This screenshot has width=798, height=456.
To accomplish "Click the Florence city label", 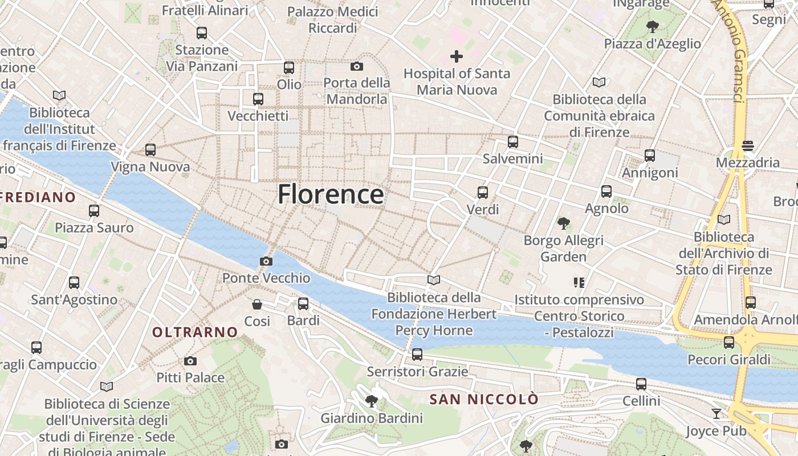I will coord(331,194).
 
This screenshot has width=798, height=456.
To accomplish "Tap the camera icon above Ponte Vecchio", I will coord(266,262).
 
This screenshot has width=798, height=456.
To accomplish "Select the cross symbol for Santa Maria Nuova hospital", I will coord(456,56).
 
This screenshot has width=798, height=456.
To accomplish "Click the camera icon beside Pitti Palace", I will coord(190,361).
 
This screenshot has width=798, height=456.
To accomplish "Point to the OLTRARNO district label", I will coord(195,332).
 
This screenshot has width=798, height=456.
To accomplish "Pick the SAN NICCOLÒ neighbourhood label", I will coord(484,399).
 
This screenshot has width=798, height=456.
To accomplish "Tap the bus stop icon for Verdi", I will coord(483,193).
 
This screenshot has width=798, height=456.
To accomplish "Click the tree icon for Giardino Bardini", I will coord(372,401).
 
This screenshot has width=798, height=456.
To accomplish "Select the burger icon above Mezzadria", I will coord(748,146).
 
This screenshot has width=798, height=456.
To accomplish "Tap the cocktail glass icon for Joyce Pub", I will coord(716,414).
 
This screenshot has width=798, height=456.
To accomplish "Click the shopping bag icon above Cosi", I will coord(257,304).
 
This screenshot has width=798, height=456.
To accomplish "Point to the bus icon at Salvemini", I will coord(513,142).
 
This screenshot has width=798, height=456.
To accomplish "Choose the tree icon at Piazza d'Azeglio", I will coord(653,27).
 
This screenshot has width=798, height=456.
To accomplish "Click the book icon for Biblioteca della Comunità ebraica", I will coord(599,82).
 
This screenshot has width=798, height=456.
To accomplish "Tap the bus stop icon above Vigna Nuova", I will coord(150,150).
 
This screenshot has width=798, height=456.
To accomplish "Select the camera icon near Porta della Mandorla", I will coord(357,66).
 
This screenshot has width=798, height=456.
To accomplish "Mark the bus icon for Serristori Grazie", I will coord(417,355).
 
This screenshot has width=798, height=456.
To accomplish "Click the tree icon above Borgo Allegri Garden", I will coord(564,223).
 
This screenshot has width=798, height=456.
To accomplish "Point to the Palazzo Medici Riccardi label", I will coord(333,19).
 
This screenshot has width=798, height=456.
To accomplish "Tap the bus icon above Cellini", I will coord(641,384).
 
